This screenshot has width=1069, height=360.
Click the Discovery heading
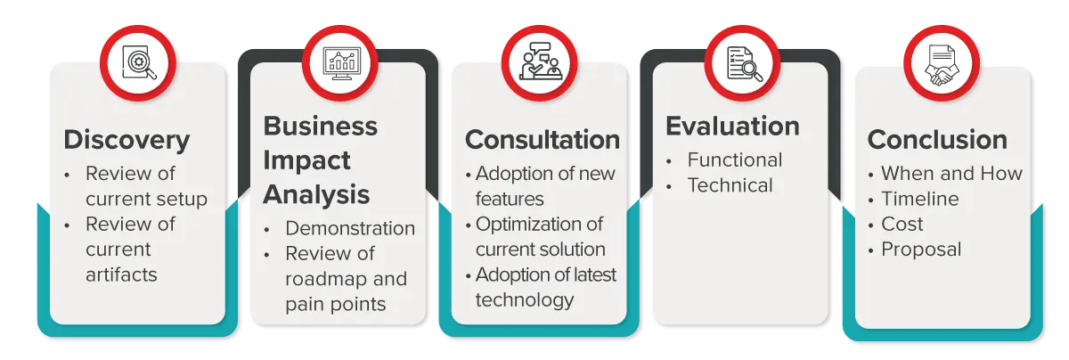[126, 141]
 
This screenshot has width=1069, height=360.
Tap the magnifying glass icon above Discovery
[139, 62]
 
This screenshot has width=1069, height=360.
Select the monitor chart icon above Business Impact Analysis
[341, 63]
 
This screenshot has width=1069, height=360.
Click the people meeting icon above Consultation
[541, 61]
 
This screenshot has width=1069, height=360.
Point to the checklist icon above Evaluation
[744, 63]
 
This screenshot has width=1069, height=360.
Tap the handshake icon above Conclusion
[942, 64]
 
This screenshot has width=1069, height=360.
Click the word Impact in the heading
[306, 160]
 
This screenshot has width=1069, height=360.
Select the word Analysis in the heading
[316, 195]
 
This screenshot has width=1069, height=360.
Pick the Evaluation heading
[732, 126]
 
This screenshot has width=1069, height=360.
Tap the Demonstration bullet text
[350, 228]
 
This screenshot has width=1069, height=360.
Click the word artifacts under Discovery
[121, 274]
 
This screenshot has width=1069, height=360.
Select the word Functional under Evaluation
[735, 160]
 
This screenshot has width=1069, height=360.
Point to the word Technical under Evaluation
[730, 185]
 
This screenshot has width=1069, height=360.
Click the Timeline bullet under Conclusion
[920, 199]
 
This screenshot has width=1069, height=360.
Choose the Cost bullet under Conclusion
[902, 224]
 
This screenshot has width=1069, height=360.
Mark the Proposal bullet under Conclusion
[921, 250]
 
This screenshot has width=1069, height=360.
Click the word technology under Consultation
[525, 300]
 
